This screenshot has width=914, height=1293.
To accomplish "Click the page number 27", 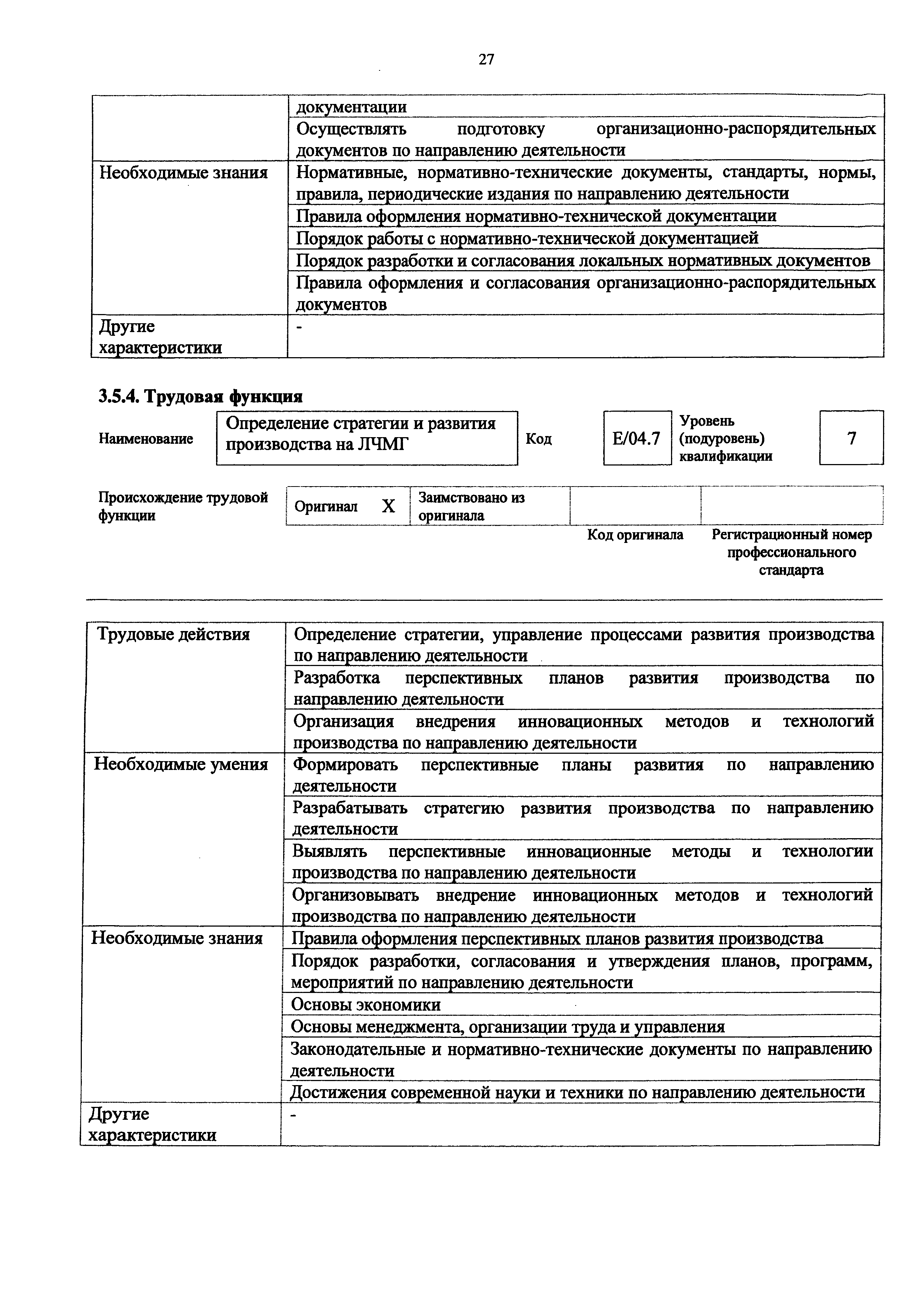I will pyautogui.click(x=486, y=59).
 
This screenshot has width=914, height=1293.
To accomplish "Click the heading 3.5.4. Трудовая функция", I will pyautogui.click(x=201, y=397).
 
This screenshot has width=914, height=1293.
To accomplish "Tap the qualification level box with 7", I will pyautogui.click(x=851, y=438).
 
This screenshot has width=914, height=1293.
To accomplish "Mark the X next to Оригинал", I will pyautogui.click(x=388, y=506).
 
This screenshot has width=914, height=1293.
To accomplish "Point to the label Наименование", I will pyautogui.click(x=146, y=439).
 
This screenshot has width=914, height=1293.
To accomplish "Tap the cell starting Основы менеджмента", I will pyautogui.click(x=507, y=1027).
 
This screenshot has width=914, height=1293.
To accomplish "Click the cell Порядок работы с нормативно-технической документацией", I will pyautogui.click(x=527, y=238).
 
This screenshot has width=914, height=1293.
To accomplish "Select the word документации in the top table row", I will pyautogui.click(x=351, y=107).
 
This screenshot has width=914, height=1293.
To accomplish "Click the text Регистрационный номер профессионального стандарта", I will pyautogui.click(x=791, y=552).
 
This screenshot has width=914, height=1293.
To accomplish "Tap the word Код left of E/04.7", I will pyautogui.click(x=538, y=439).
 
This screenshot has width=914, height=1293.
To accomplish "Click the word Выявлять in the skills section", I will pyautogui.click(x=330, y=851).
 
